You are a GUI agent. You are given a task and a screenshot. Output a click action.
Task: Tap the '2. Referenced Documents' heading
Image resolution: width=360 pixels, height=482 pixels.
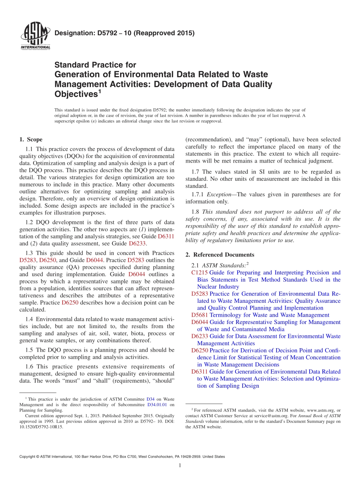(220, 255)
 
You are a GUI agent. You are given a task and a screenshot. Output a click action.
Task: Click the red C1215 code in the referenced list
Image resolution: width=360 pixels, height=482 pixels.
(199, 272)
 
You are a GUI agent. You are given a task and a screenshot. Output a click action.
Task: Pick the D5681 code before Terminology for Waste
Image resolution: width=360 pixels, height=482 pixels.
(199, 315)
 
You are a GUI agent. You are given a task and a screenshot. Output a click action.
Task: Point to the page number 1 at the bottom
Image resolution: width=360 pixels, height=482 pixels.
(180, 465)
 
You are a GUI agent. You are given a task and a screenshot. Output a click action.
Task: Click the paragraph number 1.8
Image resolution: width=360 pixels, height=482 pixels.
(196, 212)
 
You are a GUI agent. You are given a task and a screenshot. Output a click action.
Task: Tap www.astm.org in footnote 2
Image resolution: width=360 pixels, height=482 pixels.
(321, 410)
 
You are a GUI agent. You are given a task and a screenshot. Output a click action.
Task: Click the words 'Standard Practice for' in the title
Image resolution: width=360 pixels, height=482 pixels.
(95, 65)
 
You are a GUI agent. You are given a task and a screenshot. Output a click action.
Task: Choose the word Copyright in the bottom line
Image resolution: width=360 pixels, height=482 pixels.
(28, 457)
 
